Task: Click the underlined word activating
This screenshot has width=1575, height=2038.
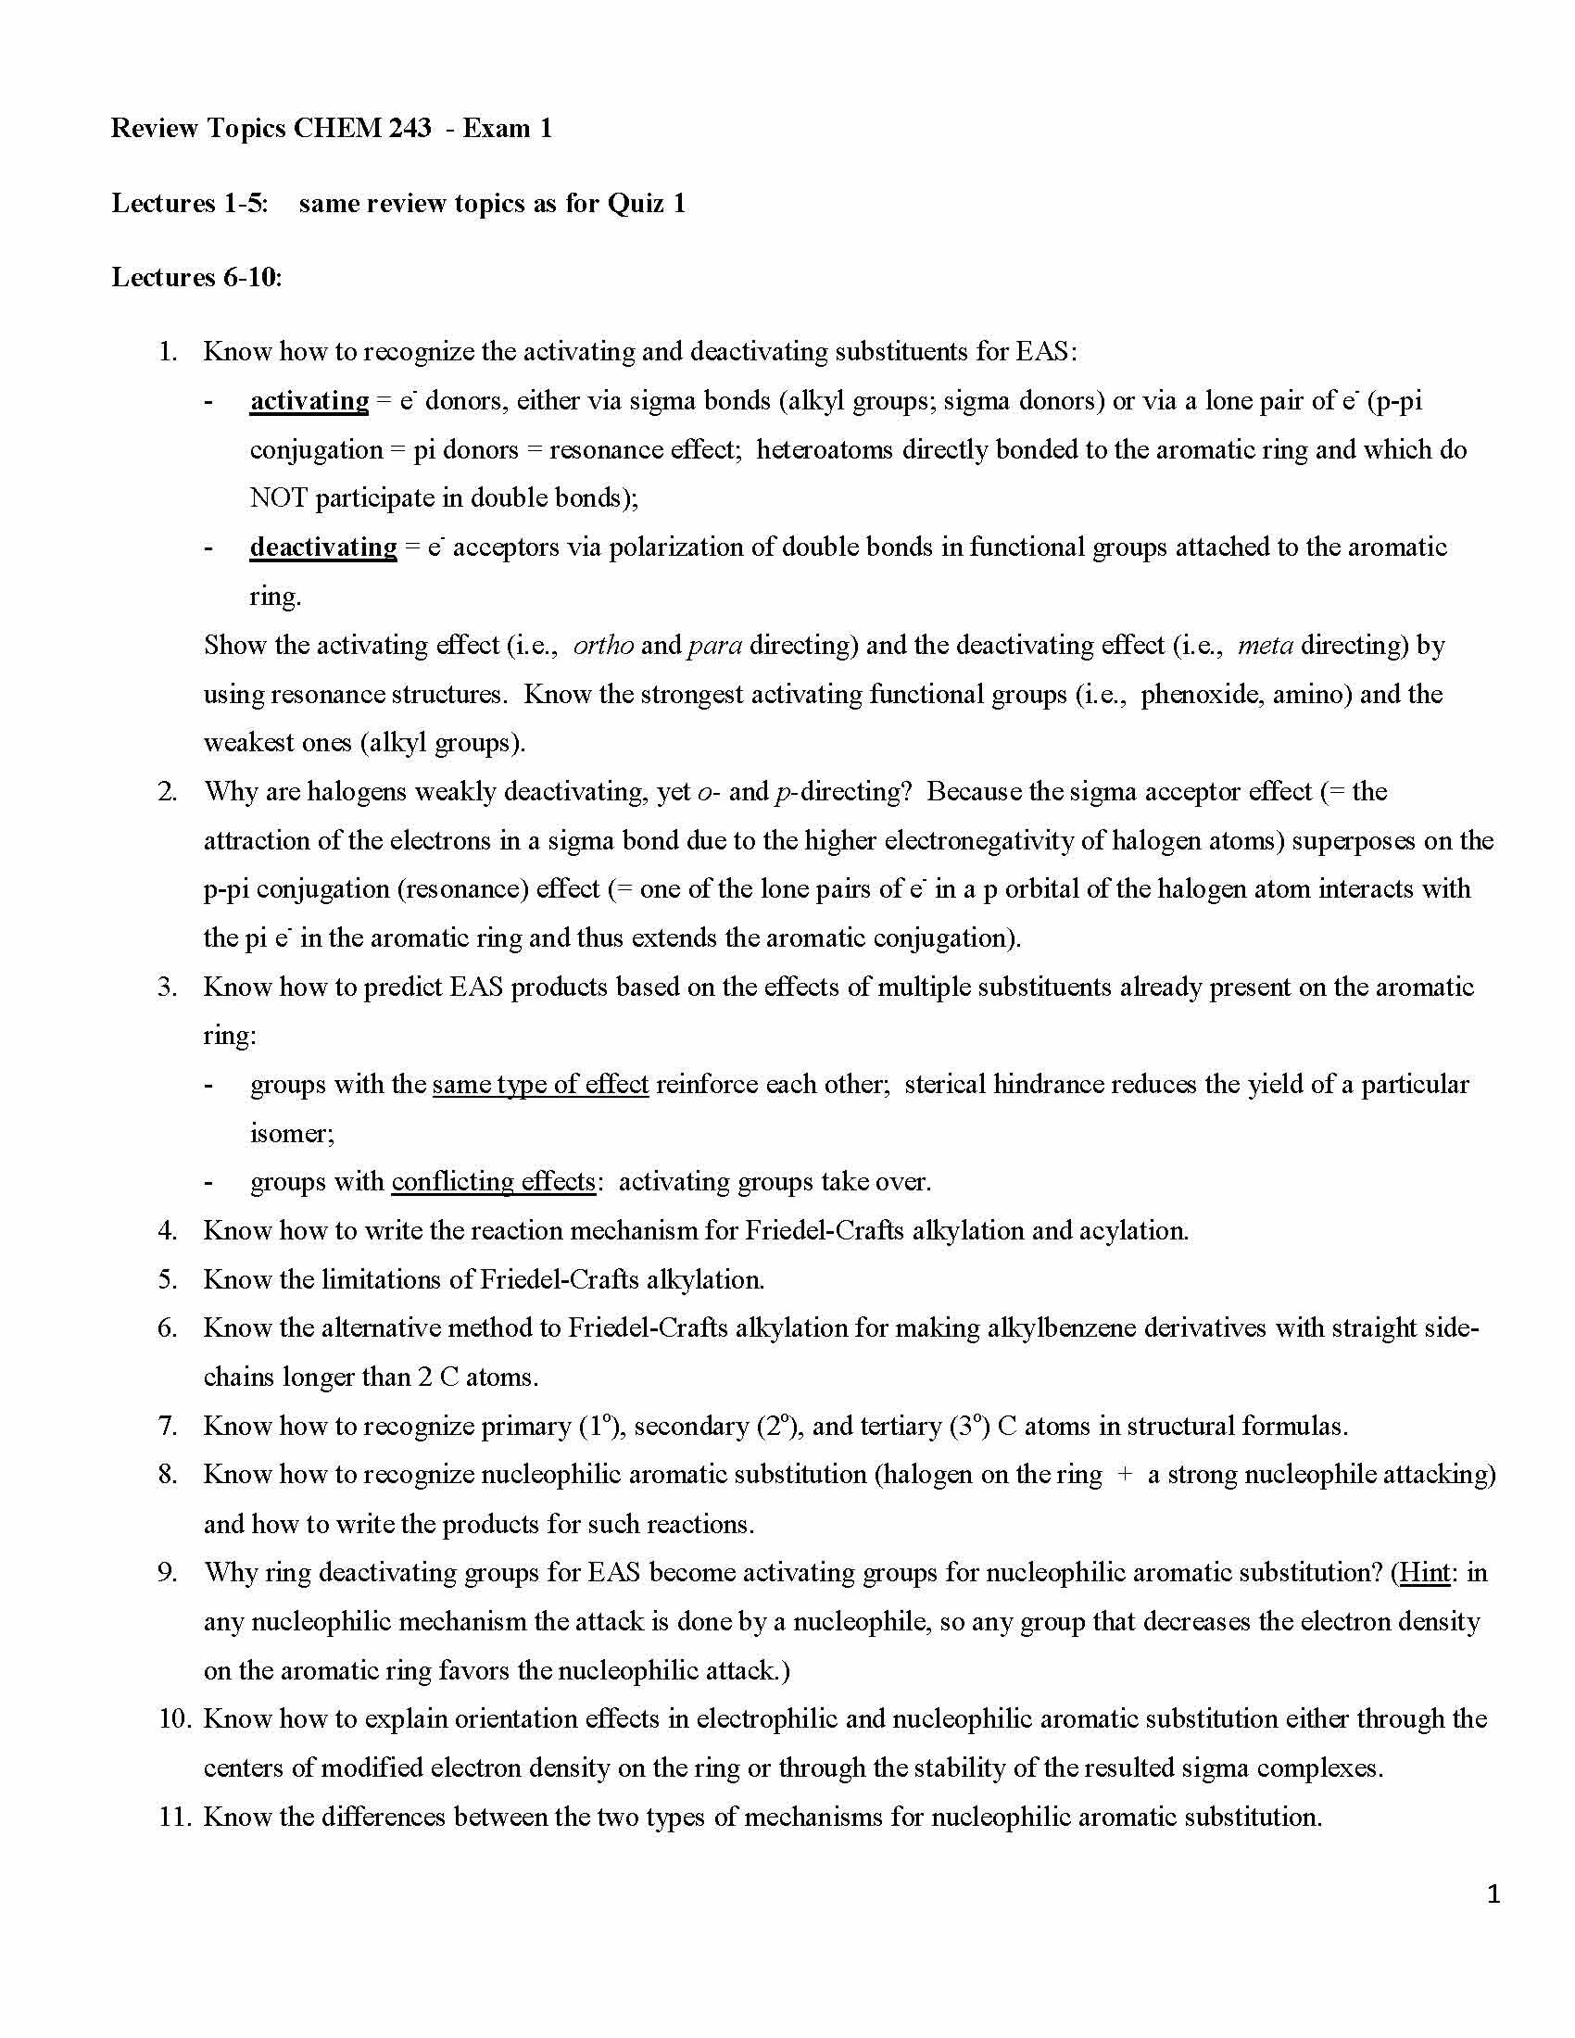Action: tap(309, 401)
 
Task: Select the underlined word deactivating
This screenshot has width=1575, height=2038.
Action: tap(322, 547)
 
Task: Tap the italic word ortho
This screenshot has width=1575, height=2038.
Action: tap(603, 646)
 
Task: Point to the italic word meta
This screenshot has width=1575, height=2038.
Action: tap(1265, 646)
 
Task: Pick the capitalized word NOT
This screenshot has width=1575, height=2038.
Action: tap(278, 498)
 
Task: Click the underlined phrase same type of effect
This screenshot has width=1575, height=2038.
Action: tap(540, 1085)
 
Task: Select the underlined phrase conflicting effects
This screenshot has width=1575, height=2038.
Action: tap(493, 1182)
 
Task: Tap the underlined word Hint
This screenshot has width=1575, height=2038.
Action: tap(1425, 1573)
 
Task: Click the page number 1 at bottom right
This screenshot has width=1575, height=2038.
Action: tap(1493, 1894)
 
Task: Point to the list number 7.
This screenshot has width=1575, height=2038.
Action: tap(167, 1427)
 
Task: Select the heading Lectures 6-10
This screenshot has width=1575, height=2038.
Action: tap(195, 278)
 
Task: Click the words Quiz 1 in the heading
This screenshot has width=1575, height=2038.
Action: tap(646, 204)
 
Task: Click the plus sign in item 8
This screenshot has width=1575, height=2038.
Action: tap(1126, 1476)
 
